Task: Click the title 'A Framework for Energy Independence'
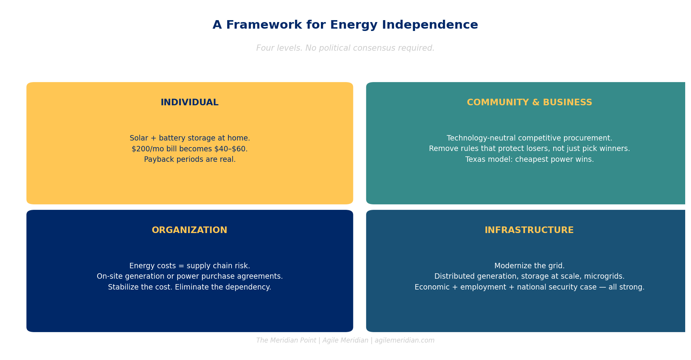pos(345,25)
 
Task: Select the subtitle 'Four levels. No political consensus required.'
pos(345,48)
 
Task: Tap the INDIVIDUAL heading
pos(190,103)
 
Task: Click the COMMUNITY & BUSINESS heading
pos(529,103)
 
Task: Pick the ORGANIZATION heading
pos(190,230)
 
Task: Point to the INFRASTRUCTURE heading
pos(529,230)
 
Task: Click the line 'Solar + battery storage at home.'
pos(190,138)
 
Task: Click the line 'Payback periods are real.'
pos(190,159)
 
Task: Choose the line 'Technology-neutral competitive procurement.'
pos(529,138)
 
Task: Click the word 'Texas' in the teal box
pos(475,159)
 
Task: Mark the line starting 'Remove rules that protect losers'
pos(529,149)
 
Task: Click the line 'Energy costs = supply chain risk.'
pos(190,266)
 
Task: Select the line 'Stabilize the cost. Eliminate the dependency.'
pos(190,287)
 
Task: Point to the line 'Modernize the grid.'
pos(529,266)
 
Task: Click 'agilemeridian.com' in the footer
pos(405,341)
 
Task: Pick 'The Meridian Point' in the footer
pos(286,341)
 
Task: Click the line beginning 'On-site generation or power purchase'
pos(190,277)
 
